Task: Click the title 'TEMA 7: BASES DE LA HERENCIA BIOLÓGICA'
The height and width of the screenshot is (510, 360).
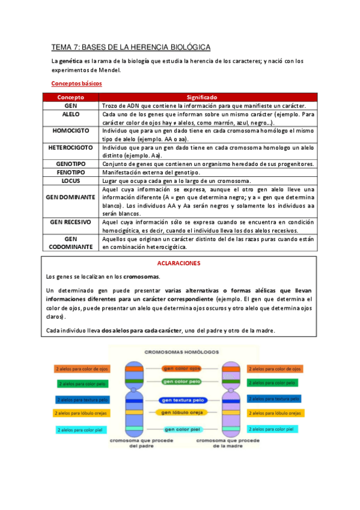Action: pos(130,47)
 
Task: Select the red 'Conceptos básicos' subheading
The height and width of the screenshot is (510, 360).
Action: pos(76,84)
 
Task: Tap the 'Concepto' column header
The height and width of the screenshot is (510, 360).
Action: pos(70,97)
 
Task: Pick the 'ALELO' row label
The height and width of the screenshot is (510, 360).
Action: pos(70,114)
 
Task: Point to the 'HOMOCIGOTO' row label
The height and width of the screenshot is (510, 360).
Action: pos(70,130)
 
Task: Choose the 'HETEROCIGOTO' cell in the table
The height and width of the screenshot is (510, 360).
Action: pos(70,147)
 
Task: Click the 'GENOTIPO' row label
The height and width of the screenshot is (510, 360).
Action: pos(70,164)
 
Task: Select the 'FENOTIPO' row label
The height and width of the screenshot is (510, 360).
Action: pos(70,172)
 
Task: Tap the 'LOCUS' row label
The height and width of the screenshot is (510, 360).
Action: pos(70,180)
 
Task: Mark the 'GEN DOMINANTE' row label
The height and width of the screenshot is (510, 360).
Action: pos(70,197)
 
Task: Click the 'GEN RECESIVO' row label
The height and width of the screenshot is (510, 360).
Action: pos(70,221)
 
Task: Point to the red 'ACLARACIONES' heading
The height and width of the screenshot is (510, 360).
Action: pos(178,263)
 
